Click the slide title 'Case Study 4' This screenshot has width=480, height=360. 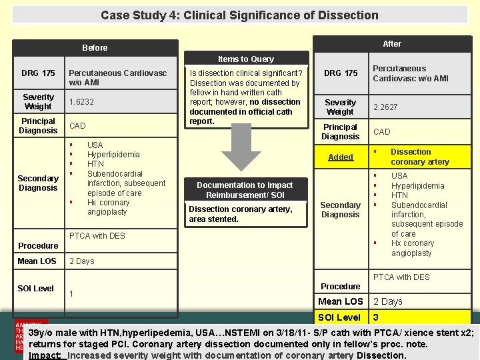click(239, 15)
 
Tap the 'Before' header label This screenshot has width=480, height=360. click(95, 48)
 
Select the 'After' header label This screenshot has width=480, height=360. click(392, 44)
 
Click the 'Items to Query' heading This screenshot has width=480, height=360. click(246, 59)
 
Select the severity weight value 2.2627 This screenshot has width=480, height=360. click(385, 107)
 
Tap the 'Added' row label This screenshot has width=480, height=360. click(341, 157)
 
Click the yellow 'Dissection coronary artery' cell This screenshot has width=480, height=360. click(420, 157)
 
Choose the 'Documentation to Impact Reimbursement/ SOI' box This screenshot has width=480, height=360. click(245, 190)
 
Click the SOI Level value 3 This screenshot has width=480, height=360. click(376, 317)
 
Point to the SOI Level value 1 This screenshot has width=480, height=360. click(71, 293)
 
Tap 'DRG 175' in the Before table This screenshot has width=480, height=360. click(38, 73)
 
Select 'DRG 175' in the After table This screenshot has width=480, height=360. click(341, 73)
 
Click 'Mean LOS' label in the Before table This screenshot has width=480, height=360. click(37, 261)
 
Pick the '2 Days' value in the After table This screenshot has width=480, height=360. click(388, 301)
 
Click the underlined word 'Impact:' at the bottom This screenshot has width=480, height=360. click(46, 355)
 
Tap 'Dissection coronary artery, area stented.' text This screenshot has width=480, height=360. click(231, 214)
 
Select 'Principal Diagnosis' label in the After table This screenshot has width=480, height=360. click(340, 132)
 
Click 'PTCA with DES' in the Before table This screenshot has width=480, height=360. click(98, 235)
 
